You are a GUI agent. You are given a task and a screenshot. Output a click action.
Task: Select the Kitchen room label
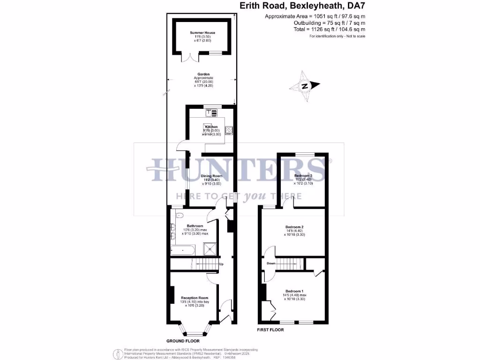point(210,127)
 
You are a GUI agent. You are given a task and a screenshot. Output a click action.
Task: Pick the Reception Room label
point(195,298)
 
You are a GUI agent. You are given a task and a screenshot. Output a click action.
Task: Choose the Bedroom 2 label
point(295,227)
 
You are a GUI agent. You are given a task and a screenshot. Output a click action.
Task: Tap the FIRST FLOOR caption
point(270,330)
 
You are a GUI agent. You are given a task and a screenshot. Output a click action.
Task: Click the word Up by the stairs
point(221,263)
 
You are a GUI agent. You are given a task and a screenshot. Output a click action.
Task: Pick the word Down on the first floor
point(271,263)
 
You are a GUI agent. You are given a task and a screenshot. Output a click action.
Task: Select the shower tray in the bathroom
point(211,248)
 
